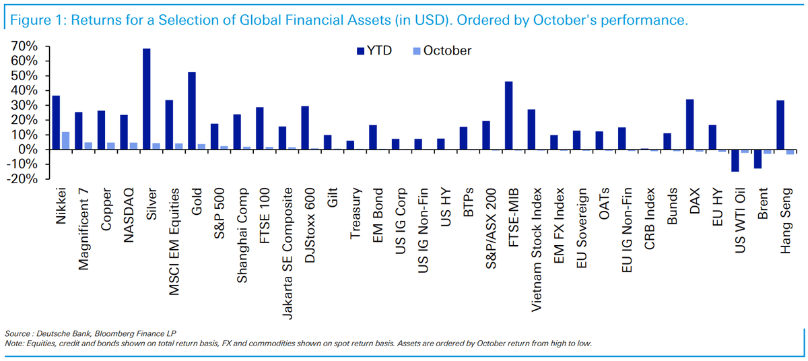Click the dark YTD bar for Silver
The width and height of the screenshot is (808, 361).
[146, 98]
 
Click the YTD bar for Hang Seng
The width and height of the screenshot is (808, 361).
[780, 125]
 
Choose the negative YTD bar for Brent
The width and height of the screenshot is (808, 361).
[757, 159]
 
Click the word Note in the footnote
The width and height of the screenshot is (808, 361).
[13, 343]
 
